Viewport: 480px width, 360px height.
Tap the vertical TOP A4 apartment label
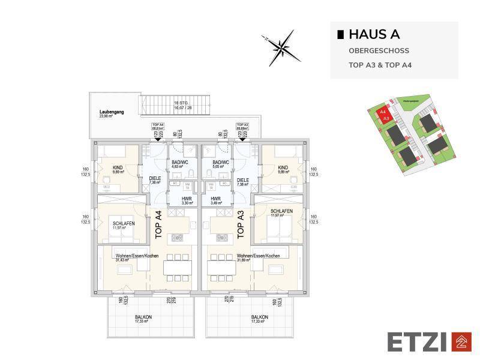pyautogui.click(x=158, y=225)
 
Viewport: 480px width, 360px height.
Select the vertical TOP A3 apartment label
pyautogui.click(x=240, y=225)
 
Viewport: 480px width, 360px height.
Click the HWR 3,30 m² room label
pyautogui.click(x=179, y=200)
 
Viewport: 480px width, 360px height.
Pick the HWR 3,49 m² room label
pyautogui.click(x=216, y=200)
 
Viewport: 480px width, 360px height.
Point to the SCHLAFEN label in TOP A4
pyautogui.click(x=124, y=226)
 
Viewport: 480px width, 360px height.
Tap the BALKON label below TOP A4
pyautogui.click(x=143, y=319)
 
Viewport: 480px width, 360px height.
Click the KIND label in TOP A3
pyautogui.click(x=283, y=170)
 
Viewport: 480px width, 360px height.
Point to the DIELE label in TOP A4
pyautogui.click(x=155, y=181)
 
